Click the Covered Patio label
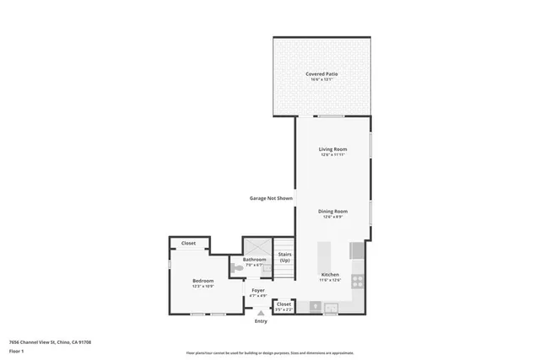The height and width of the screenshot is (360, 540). pyautogui.click(x=321, y=74)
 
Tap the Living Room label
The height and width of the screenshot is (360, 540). pyautogui.click(x=333, y=149)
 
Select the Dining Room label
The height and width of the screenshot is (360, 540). pyautogui.click(x=333, y=211)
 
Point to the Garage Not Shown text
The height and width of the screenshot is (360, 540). pyautogui.click(x=271, y=199)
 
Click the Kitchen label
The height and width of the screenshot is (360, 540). pyautogui.click(x=330, y=275)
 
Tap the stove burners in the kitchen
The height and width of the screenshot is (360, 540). pyautogui.click(x=357, y=280)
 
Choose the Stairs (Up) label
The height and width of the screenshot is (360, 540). pyautogui.click(x=284, y=256)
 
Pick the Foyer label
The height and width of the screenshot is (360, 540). pyautogui.click(x=258, y=290)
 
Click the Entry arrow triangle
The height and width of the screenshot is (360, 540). pyautogui.click(x=260, y=312)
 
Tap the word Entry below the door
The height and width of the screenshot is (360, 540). pyautogui.click(x=261, y=321)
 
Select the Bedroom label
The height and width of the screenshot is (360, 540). pyautogui.click(x=202, y=281)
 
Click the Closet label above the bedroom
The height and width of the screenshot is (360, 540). pyautogui.click(x=188, y=244)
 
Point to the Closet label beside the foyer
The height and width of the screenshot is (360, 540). pyautogui.click(x=283, y=304)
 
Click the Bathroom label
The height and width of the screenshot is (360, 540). pyautogui.click(x=254, y=259)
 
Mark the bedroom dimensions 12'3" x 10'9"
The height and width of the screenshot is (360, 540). pyautogui.click(x=202, y=287)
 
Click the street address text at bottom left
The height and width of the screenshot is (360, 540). pyautogui.click(x=50, y=341)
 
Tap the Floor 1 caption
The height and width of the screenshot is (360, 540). pyautogui.click(x=16, y=351)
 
